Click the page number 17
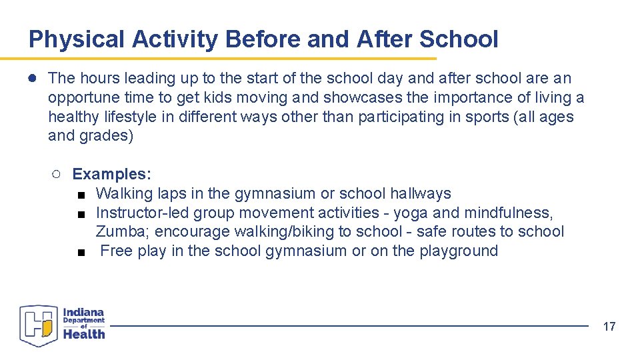point(609,326)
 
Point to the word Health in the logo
point(84,334)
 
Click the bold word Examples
point(112,175)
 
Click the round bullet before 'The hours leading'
point(32,79)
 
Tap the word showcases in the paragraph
point(363,98)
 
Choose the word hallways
point(420,194)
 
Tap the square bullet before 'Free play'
point(81,252)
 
